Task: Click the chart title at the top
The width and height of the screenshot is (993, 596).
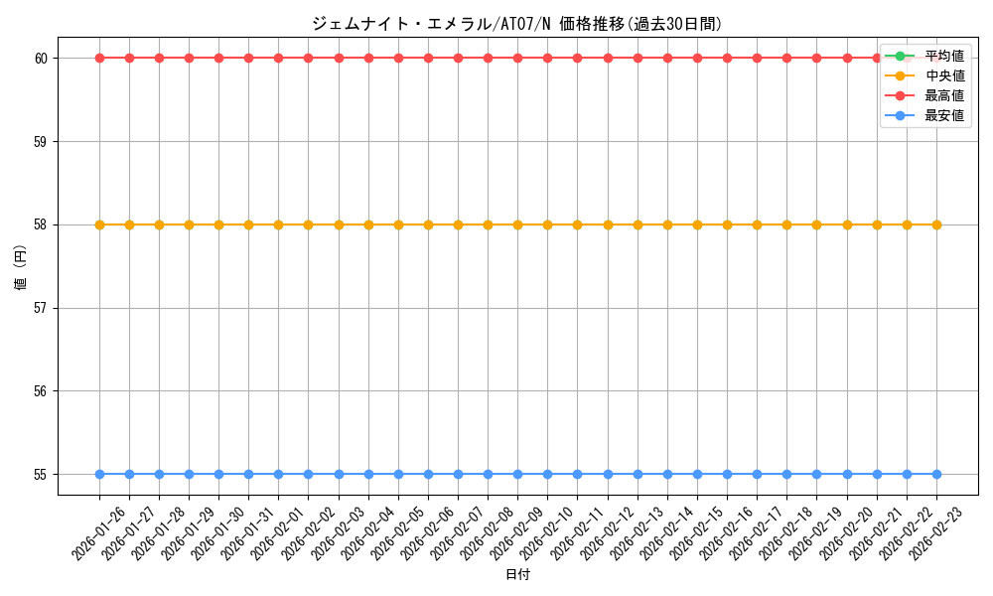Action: (x=516, y=24)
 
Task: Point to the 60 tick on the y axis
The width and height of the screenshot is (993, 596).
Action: (x=42, y=59)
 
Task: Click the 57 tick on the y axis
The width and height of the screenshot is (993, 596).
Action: (x=42, y=308)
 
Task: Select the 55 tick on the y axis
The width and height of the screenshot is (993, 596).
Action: (x=42, y=475)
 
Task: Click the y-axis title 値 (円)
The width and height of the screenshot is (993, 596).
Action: (x=20, y=268)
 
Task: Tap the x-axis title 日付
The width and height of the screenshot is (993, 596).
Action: (x=517, y=575)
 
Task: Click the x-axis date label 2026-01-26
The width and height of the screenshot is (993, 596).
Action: (x=99, y=532)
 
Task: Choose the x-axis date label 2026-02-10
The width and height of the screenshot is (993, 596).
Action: (x=547, y=532)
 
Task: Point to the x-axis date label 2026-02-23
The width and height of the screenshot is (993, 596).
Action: (x=935, y=532)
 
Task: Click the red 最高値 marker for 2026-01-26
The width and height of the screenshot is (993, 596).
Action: (x=99, y=58)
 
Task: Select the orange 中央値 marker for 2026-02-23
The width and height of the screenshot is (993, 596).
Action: (x=936, y=224)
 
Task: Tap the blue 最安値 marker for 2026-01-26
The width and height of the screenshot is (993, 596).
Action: (x=99, y=474)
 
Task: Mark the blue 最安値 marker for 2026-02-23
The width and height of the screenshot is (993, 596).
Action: (x=936, y=474)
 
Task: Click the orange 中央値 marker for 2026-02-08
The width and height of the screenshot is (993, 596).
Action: (x=488, y=224)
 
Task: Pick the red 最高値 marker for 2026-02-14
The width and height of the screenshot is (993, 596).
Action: (x=667, y=58)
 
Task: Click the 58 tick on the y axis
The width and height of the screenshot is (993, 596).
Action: (x=42, y=224)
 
